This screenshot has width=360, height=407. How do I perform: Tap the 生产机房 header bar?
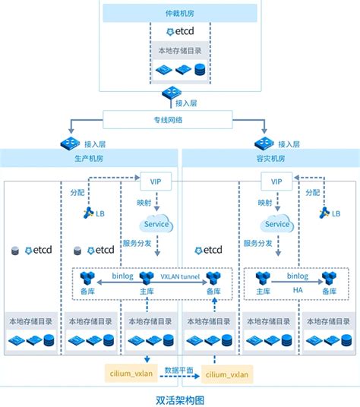coord(89,158)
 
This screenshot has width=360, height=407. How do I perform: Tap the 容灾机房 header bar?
coord(270,158)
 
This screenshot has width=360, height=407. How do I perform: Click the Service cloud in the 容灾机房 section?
coord(277,224)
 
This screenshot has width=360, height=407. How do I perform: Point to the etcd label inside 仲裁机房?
coord(183,31)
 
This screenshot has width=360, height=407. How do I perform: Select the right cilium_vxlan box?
coord(228,374)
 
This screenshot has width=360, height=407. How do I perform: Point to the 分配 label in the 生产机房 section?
coord(77,193)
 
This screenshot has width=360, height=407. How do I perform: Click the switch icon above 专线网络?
coord(169,94)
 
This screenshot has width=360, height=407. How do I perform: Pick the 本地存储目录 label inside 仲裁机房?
coord(179,52)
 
